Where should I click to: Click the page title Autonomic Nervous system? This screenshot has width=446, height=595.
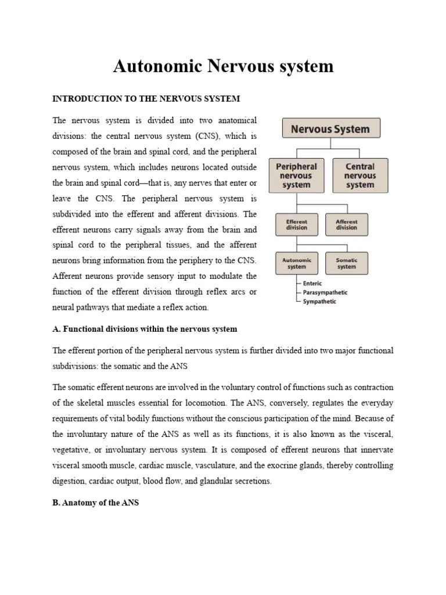(223, 66)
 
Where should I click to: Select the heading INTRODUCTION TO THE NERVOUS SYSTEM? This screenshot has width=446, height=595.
(146, 99)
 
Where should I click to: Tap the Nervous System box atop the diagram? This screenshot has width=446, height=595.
(330, 128)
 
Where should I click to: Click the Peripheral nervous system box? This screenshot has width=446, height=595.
(296, 175)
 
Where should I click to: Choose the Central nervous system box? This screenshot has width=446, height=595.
(359, 175)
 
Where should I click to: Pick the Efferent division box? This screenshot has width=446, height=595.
(296, 225)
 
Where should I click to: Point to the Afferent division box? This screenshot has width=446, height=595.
(347, 225)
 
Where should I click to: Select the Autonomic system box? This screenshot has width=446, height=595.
(296, 263)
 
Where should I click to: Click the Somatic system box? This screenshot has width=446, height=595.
(347, 263)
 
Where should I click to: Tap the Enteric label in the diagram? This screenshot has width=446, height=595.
(312, 284)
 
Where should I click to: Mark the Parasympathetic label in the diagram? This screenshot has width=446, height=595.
(325, 292)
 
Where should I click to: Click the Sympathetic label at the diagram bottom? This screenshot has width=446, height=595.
(319, 302)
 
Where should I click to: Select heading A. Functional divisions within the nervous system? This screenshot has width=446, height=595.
(145, 329)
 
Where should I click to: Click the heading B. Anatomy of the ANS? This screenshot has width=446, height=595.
(95, 503)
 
